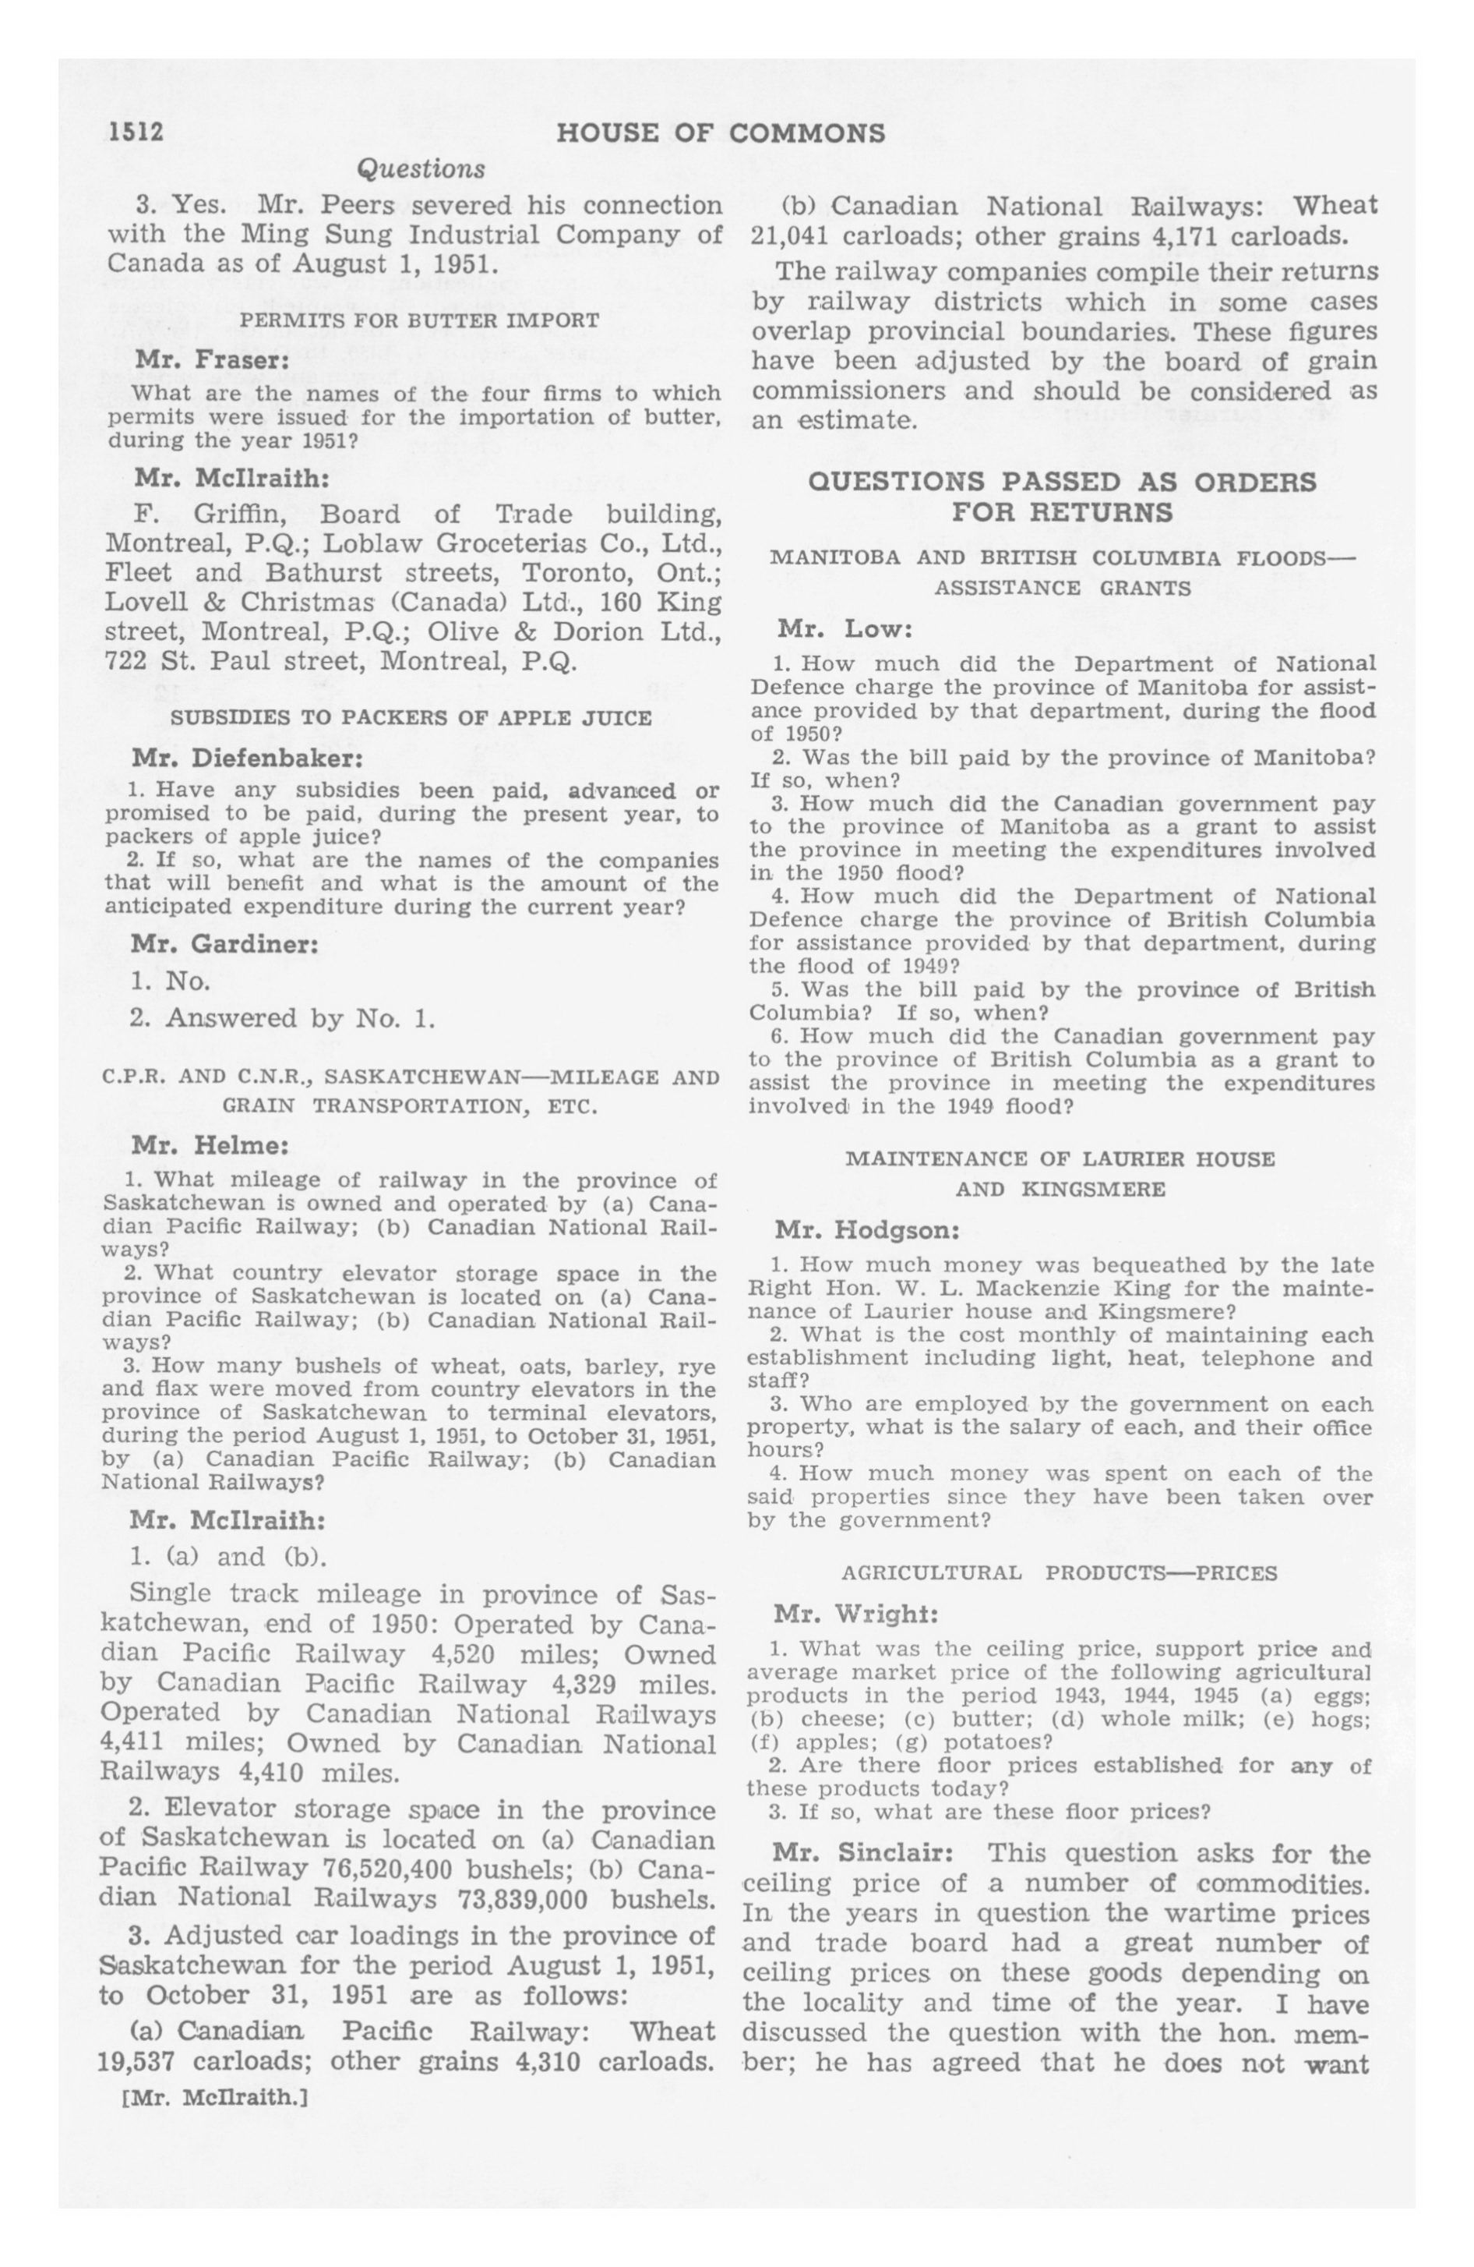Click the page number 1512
click(136, 133)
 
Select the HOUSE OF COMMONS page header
click(721, 133)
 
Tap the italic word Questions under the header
click(420, 169)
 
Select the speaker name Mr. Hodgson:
click(866, 1231)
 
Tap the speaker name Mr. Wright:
click(856, 1614)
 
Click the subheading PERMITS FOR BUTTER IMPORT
click(419, 321)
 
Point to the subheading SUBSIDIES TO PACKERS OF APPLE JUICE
click(411, 718)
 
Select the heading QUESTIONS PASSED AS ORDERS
click(1062, 481)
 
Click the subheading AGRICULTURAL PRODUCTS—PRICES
click(1059, 1572)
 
